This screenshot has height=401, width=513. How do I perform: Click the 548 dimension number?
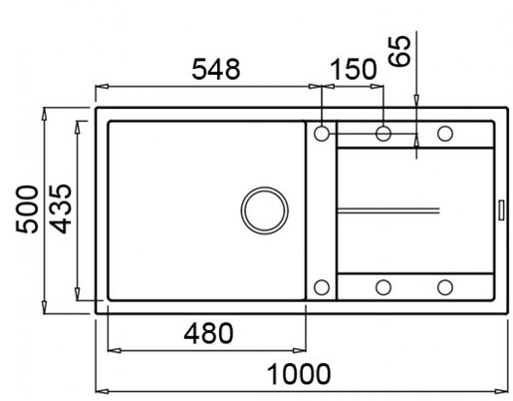click(214, 70)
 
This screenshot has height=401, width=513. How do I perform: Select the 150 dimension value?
click(353, 70)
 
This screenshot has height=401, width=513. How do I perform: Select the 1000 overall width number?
click(299, 374)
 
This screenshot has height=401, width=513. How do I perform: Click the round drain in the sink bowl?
click(265, 209)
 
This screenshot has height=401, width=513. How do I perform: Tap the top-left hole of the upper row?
click(323, 133)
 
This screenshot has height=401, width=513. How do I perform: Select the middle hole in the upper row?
click(384, 133)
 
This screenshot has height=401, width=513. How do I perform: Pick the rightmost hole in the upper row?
click(444, 133)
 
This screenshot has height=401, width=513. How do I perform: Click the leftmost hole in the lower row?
click(323, 287)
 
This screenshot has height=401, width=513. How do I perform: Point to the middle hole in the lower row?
click(384, 287)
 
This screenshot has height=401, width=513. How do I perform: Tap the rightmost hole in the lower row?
click(444, 287)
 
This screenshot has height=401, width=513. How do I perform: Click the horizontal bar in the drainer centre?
click(388, 209)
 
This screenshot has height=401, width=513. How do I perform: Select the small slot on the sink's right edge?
click(500, 209)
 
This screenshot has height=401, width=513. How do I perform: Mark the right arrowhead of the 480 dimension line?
click(303, 349)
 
